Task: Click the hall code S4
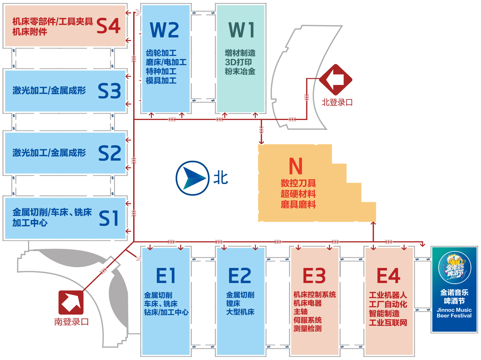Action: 108,26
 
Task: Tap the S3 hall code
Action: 109,91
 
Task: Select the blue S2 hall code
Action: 109,153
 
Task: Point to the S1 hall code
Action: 109,218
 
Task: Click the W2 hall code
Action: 164,30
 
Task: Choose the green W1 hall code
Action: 241,30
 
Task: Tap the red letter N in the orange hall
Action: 296,166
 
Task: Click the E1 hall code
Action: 166,276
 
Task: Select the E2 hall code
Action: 239,276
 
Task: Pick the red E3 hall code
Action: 314,276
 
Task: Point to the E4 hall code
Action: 388,276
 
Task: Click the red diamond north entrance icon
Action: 335,80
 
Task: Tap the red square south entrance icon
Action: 71,302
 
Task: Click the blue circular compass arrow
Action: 192,178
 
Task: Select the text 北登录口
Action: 337,103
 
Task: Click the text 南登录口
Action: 72,322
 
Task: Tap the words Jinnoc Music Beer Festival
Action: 454,313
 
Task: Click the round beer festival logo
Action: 454,267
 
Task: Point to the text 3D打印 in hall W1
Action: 238,62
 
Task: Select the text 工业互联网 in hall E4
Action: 388,322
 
